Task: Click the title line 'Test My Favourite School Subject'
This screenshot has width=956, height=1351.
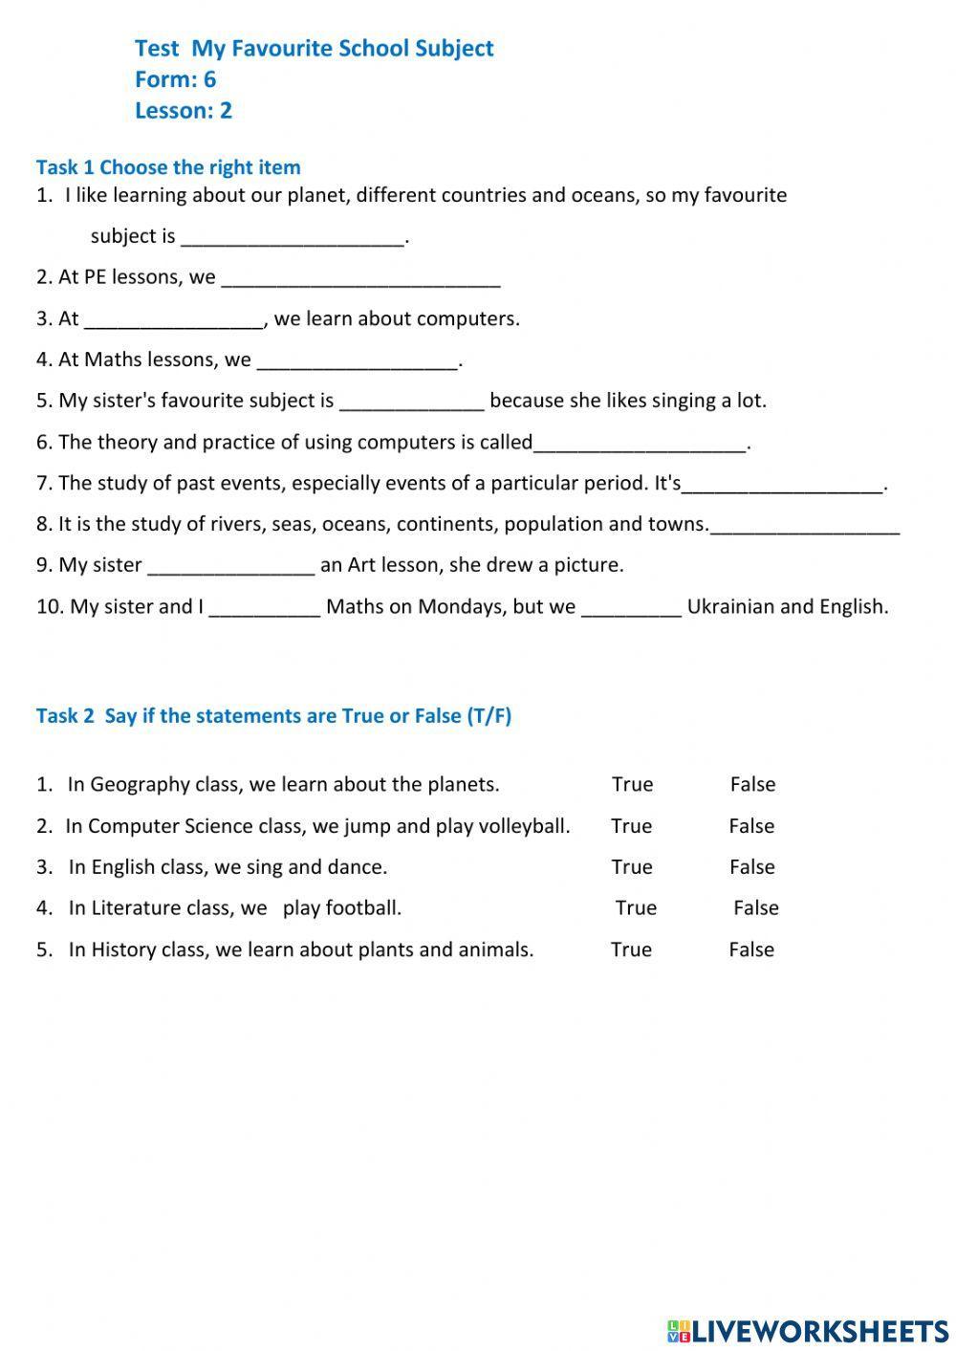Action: click(x=314, y=49)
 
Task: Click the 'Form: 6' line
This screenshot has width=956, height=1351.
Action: click(x=175, y=79)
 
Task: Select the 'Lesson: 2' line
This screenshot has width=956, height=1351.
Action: click(x=183, y=111)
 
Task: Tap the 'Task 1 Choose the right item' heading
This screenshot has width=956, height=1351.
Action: click(x=168, y=167)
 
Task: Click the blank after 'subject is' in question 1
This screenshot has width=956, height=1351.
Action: click(x=293, y=236)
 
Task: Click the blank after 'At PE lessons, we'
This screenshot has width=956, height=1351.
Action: click(x=360, y=277)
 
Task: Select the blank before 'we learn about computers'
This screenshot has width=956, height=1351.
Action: click(x=173, y=318)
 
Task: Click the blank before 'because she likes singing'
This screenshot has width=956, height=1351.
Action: click(x=412, y=401)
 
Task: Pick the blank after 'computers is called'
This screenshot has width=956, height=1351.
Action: click(x=640, y=442)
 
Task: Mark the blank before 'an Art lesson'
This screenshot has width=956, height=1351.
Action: click(x=231, y=565)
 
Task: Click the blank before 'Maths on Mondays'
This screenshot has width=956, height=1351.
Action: click(x=264, y=606)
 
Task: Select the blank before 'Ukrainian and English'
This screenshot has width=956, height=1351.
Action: click(x=631, y=606)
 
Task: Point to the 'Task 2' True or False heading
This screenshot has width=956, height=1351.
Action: click(x=273, y=716)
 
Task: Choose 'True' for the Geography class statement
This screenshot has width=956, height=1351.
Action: click(x=632, y=784)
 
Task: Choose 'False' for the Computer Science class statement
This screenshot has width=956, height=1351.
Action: click(x=751, y=826)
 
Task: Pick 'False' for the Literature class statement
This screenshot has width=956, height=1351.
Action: click(x=755, y=908)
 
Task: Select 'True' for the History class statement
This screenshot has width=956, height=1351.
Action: click(x=631, y=949)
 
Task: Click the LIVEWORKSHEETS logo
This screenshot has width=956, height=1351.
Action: click(x=808, y=1330)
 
